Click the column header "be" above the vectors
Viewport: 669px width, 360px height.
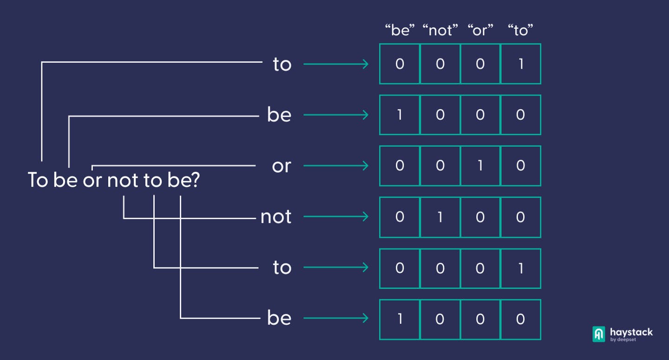400,30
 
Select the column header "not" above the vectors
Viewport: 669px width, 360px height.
440,30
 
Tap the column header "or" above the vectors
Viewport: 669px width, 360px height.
480,30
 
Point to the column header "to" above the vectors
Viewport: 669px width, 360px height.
520,30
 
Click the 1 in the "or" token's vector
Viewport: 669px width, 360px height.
480,166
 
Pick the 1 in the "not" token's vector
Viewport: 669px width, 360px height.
440,217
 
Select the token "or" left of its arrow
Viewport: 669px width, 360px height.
282,166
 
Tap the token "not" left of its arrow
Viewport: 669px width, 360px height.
276,217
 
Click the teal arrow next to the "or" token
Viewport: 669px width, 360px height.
336,166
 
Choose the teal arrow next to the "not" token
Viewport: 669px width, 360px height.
336,216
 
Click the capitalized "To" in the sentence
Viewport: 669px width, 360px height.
38,180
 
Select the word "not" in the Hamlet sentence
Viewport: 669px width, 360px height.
123,180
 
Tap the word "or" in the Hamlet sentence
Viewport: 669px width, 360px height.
92,181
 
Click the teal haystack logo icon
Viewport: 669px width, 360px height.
598,334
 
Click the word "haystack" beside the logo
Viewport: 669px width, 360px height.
631,332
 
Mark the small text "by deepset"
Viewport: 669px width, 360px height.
623,340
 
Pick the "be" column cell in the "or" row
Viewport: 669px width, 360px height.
400,166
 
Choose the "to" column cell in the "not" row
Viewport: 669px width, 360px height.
520,217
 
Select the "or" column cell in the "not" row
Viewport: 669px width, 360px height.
480,217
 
